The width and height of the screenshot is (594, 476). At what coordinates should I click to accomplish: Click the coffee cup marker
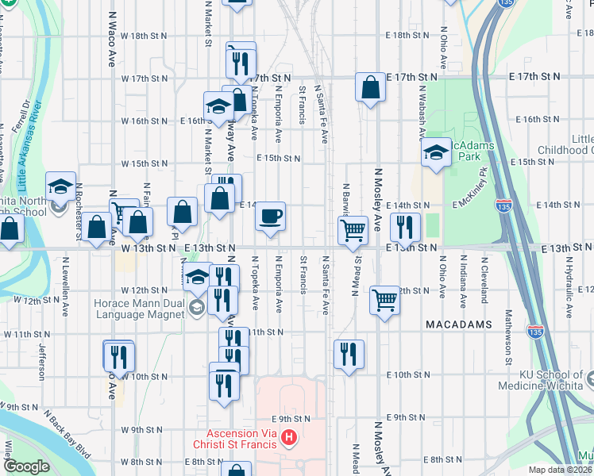click(270, 216)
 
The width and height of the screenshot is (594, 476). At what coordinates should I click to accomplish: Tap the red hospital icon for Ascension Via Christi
click(289, 437)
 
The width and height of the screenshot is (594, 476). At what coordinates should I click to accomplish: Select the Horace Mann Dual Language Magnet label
click(145, 309)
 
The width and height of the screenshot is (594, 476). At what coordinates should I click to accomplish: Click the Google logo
click(27, 466)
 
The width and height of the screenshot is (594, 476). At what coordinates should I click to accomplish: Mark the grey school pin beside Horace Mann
click(199, 309)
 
